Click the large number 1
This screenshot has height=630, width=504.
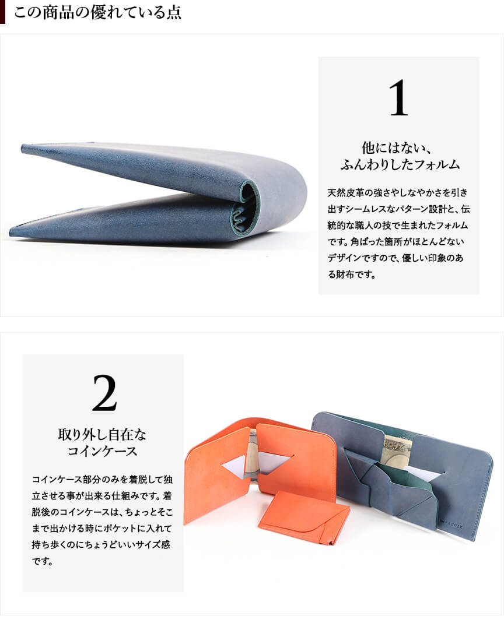pyautogui.click(x=398, y=98)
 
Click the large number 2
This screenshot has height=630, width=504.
pyautogui.click(x=104, y=393)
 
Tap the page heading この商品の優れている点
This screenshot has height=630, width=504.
pyautogui.click(x=97, y=12)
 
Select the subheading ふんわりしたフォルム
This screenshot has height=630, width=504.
pyautogui.click(x=400, y=164)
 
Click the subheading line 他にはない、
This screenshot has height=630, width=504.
pyautogui.click(x=397, y=147)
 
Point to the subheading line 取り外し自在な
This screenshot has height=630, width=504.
pyautogui.click(x=102, y=434)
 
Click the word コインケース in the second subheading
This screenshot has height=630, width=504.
pyautogui.click(x=102, y=451)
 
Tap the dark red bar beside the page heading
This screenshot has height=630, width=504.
pyautogui.click(x=2, y=12)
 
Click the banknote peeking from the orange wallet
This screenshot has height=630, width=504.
pyautogui.click(x=253, y=454)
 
